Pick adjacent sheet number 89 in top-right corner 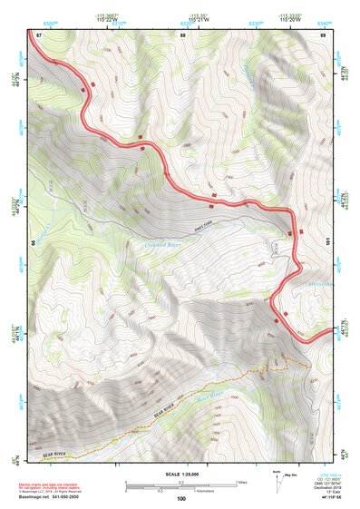(x=322, y=34)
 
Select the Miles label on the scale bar (x=239, y=482)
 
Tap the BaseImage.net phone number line (x=57, y=498)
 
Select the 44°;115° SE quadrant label (x=323, y=499)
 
